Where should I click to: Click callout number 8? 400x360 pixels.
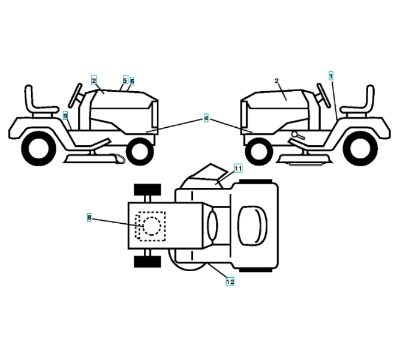89,218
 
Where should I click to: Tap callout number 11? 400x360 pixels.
237,169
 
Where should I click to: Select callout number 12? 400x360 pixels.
230,281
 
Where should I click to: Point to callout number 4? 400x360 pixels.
206,119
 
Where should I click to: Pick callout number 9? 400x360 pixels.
65,115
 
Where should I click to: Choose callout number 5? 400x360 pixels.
125,80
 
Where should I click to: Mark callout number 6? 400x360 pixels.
132,80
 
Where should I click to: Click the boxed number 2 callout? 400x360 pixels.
94,80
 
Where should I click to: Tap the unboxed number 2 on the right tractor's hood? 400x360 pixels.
276,80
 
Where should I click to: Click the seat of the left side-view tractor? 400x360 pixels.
35,102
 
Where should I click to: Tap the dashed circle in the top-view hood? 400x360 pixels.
149,226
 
